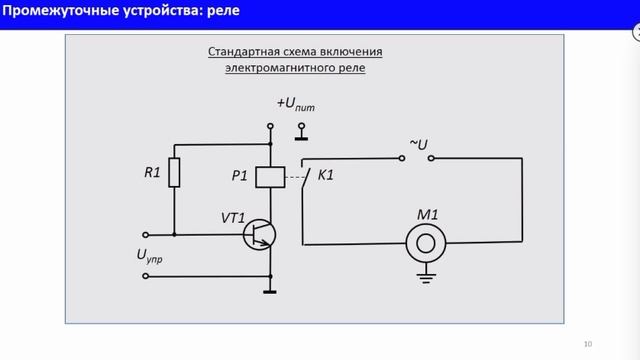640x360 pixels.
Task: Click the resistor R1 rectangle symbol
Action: (x=174, y=172)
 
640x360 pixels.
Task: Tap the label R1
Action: (x=152, y=172)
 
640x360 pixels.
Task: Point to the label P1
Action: (x=240, y=176)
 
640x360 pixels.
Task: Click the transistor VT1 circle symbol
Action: (x=261, y=234)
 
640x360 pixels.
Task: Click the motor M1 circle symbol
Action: (x=427, y=242)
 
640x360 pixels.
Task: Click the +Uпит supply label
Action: (x=296, y=104)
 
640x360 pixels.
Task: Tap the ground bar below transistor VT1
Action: (x=270, y=292)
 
